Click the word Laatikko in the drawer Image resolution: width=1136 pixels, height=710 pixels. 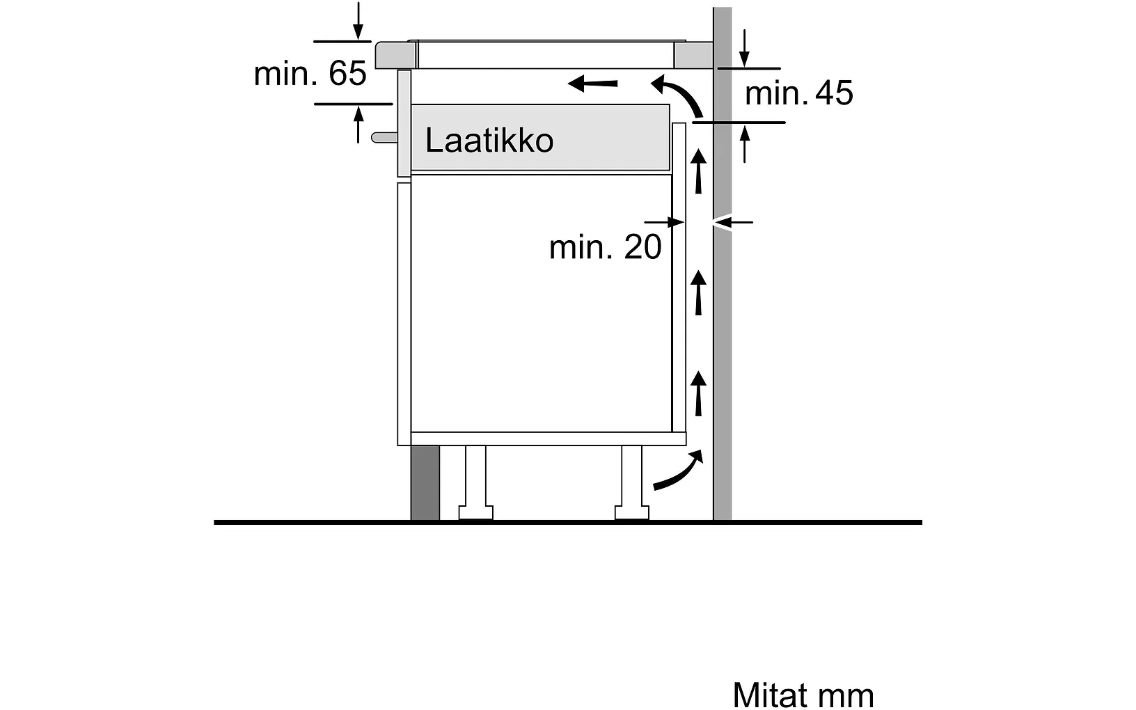[x=489, y=141]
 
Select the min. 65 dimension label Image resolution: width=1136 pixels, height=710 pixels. [x=310, y=73]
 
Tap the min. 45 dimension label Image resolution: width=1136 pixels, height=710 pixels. [x=798, y=93]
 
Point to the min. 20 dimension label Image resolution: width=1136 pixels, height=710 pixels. [x=605, y=247]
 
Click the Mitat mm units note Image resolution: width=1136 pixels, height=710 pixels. [x=803, y=695]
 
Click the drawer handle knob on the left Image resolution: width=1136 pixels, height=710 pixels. [x=383, y=137]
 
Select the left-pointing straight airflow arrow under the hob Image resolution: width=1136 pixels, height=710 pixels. [x=592, y=84]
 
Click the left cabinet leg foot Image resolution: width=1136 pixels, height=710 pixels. [x=476, y=514]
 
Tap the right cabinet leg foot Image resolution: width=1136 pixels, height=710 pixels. [x=632, y=514]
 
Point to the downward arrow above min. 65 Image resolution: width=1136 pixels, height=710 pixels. [x=358, y=21]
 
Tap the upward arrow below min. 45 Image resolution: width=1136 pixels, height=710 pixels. [x=745, y=144]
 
